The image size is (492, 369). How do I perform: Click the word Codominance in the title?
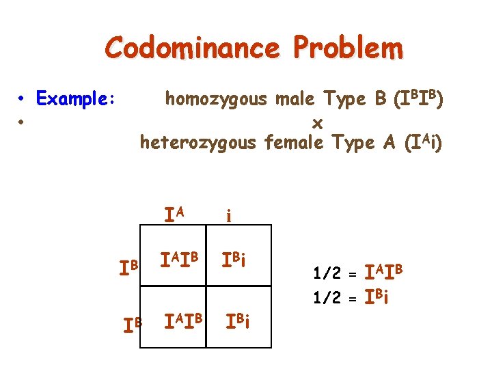pyautogui.click(x=193, y=48)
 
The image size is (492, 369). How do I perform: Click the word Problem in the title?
pyautogui.click(x=348, y=48)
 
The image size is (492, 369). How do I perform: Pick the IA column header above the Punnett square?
pyautogui.click(x=174, y=215)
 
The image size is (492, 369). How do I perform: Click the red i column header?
pyautogui.click(x=229, y=217)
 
